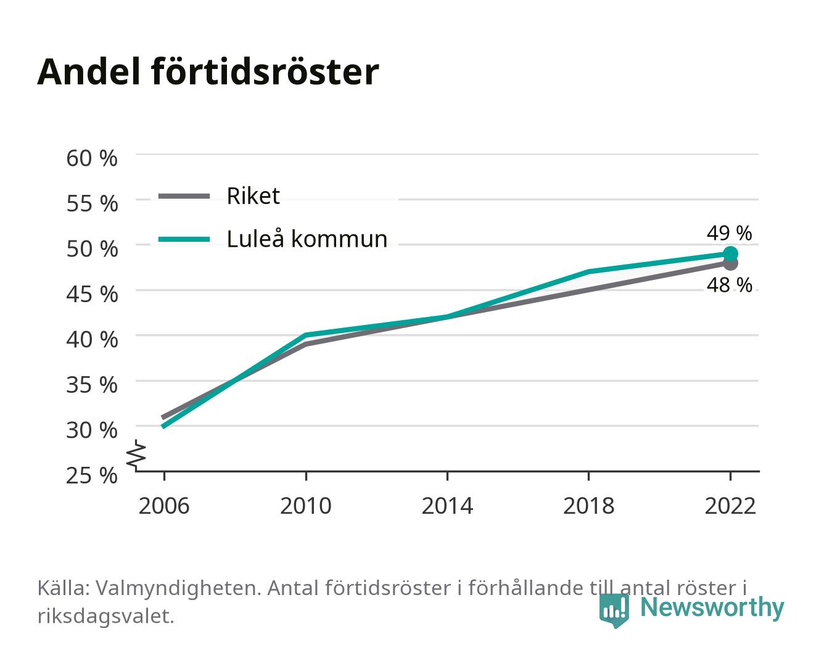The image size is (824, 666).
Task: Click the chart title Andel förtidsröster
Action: [208, 72]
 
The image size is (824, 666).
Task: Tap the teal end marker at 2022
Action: [730, 254]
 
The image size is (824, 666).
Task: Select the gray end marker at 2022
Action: [730, 264]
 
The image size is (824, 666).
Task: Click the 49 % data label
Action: [729, 233]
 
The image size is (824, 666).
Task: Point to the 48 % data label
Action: [729, 285]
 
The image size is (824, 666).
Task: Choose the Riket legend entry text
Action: [253, 196]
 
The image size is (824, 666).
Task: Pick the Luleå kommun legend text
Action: [307, 239]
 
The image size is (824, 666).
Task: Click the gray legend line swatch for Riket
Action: [184, 197]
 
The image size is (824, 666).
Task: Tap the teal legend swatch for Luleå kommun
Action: [184, 239]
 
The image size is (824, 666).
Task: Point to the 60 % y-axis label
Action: [92, 158]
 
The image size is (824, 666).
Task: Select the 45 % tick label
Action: [92, 294]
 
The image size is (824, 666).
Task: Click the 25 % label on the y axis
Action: [92, 475]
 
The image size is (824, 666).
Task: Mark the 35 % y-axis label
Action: [92, 385]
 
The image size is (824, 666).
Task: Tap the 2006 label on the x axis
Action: [164, 506]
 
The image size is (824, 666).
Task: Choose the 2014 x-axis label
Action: [447, 506]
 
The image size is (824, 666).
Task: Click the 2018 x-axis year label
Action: [588, 506]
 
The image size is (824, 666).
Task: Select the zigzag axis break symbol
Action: [136, 456]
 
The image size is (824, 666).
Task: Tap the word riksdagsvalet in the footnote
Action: [105, 616]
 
